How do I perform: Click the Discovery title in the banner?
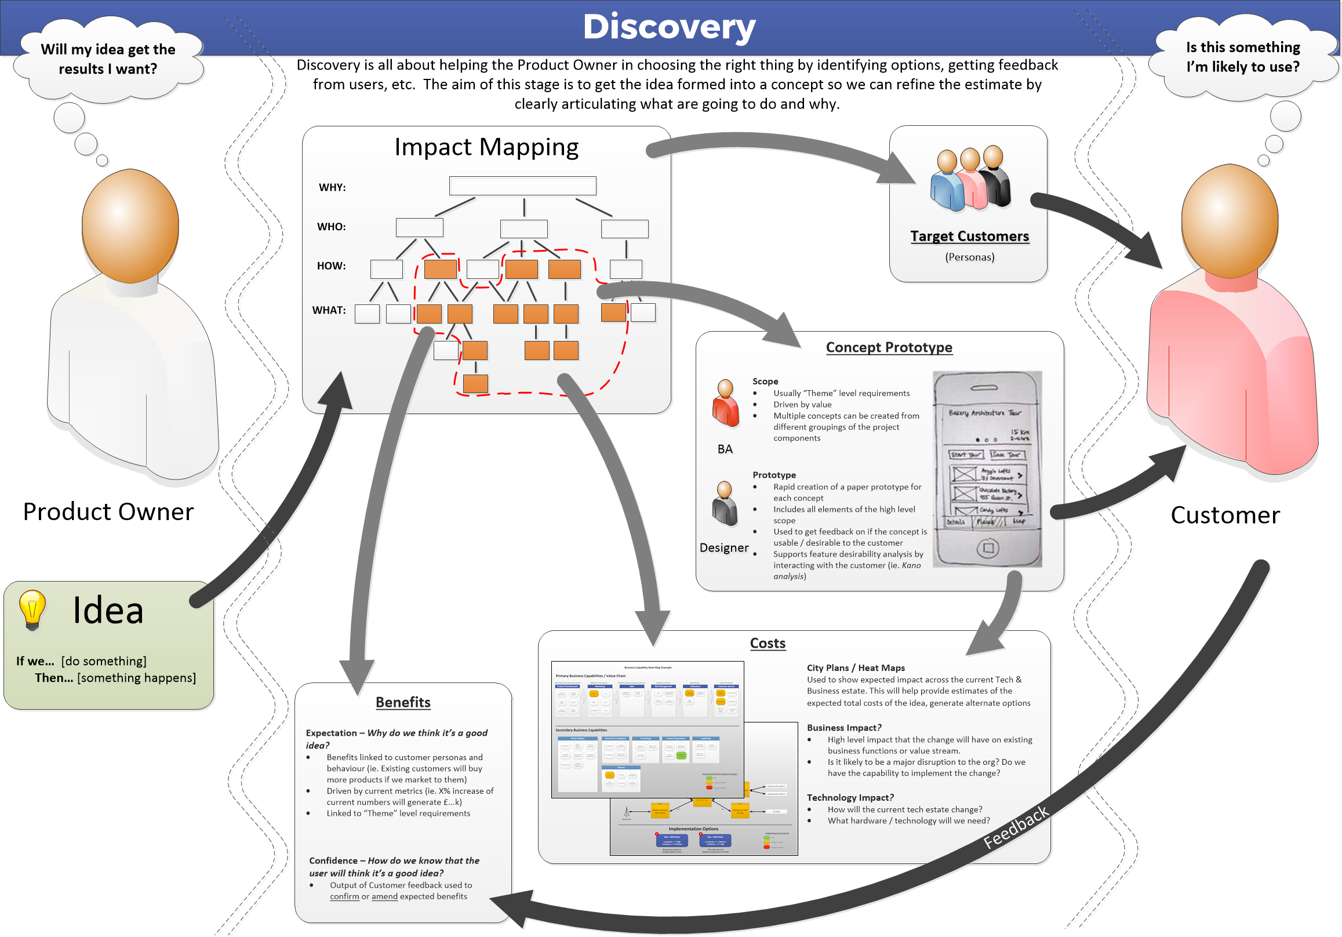coord(669,27)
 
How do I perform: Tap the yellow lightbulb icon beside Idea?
coord(32,609)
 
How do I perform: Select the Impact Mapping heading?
coord(486,147)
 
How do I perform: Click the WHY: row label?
coord(332,188)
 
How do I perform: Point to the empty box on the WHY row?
coord(522,186)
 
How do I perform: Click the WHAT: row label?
coord(329,310)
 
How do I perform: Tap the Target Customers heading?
coord(970,236)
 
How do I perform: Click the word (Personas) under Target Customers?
coord(970,257)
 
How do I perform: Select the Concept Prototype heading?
coord(889,348)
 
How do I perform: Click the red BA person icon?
coord(725,404)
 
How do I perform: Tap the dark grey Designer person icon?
coord(725,504)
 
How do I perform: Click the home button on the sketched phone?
coord(988,549)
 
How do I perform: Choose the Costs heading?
coord(768,644)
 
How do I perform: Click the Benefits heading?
coord(403,703)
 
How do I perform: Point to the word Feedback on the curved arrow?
coord(1016,827)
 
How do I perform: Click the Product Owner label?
coord(108,512)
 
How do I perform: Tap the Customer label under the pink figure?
coord(1225,515)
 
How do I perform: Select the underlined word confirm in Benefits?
coord(344,896)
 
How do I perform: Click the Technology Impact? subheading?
coord(850,798)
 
